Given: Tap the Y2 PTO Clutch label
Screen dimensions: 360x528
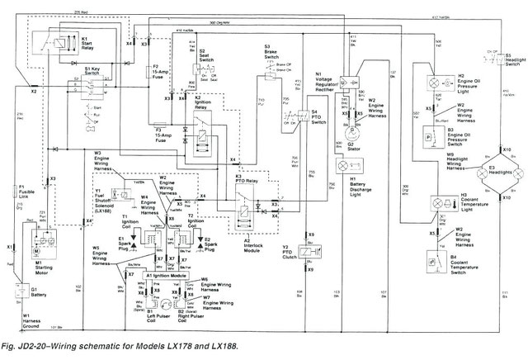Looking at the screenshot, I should [x=295, y=253].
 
